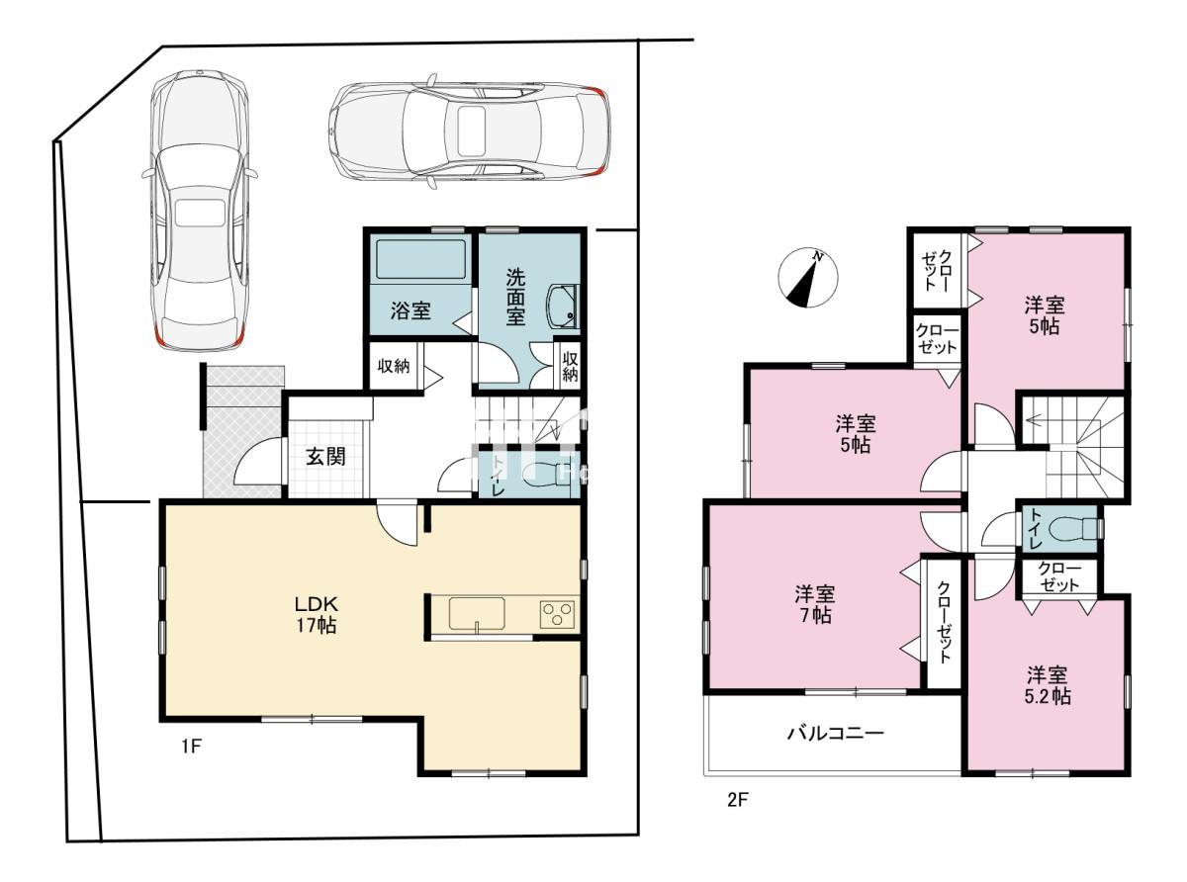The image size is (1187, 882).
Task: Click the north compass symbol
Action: pos(807,278)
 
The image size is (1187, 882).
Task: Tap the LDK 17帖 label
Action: pos(317,615)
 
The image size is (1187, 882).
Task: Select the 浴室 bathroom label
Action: pos(411,310)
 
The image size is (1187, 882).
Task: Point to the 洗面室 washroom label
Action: pos(516,297)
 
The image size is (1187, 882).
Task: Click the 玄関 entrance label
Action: pos(325,457)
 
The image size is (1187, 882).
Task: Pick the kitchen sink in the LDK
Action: pos(477,614)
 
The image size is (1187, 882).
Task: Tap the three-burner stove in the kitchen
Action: pos(557,614)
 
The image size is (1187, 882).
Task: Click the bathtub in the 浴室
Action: pos(420,259)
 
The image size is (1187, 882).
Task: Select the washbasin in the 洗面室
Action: pos(562,308)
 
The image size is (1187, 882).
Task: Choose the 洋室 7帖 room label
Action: pos(814,605)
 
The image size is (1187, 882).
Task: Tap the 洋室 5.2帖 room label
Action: pos(1048,685)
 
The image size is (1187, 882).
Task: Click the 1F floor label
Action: pos(191,747)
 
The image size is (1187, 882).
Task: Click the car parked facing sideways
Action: pos(469,132)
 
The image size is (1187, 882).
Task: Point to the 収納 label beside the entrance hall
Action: pos(394,366)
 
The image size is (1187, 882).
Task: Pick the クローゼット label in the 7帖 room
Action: pos(944,621)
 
